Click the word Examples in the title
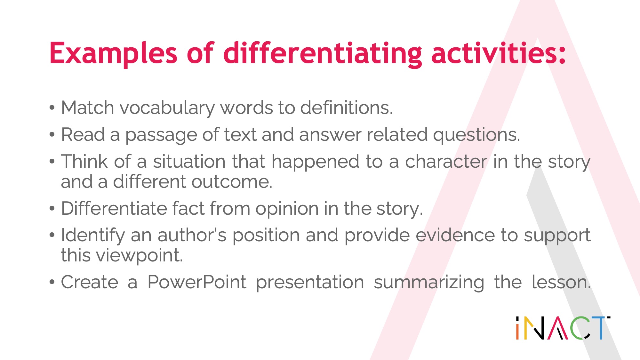[x=113, y=53]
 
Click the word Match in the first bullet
[x=87, y=108]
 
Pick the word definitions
[x=346, y=108]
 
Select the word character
[x=446, y=161]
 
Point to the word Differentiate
[x=114, y=208]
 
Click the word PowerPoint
[x=197, y=282]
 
